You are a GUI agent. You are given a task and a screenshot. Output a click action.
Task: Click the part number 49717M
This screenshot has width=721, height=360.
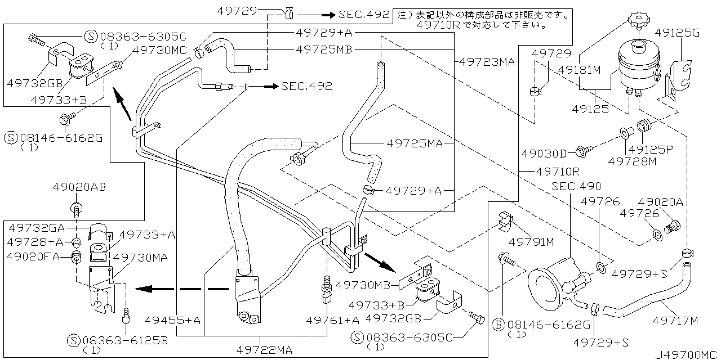675,321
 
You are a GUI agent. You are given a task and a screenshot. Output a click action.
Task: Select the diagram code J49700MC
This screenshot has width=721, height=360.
687,354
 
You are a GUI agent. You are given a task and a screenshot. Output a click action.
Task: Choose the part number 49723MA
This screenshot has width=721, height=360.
487,62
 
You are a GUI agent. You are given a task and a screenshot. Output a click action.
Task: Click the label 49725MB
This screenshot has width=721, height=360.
324,49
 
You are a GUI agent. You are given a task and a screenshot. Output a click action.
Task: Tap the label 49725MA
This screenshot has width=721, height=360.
415,143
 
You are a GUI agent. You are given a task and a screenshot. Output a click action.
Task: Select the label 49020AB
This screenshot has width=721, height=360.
79,187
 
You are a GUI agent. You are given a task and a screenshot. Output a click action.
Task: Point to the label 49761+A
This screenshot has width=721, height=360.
333,320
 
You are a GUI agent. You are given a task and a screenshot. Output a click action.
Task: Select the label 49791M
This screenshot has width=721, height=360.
532,242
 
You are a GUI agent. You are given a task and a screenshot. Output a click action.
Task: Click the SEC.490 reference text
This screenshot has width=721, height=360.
576,186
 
